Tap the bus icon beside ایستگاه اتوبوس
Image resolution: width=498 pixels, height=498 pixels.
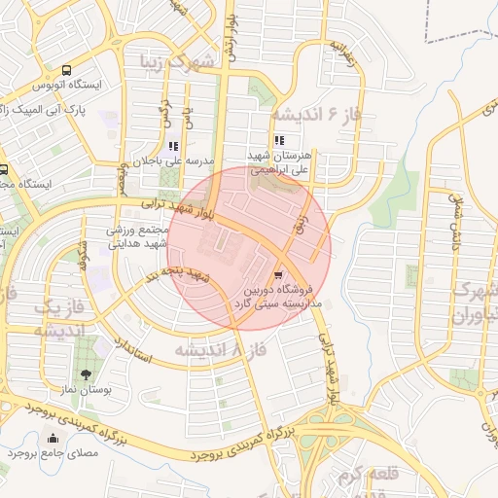pyautogui.click(x=67, y=70)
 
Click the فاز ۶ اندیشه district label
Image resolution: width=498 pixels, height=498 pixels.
pyautogui.click(x=316, y=113)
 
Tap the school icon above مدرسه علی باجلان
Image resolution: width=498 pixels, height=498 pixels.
pyautogui.click(x=172, y=147)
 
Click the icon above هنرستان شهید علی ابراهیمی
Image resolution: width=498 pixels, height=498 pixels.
pyautogui.click(x=280, y=141)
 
